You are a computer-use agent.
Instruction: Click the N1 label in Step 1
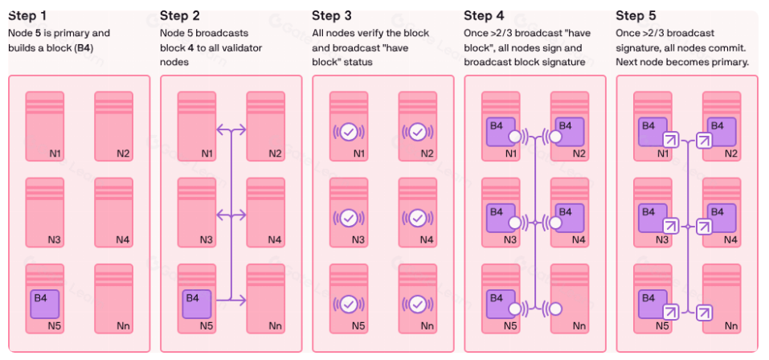(x=58, y=153)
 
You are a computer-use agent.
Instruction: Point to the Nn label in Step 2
(x=275, y=326)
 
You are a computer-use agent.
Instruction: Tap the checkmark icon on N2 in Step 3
(x=416, y=131)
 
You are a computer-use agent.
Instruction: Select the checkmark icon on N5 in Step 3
(x=348, y=304)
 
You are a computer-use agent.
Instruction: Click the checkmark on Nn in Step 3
(x=416, y=304)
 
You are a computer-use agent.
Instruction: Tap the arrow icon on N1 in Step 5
(x=665, y=141)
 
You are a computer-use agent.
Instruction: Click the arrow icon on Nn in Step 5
(x=704, y=313)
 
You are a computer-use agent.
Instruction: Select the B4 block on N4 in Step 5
(x=721, y=215)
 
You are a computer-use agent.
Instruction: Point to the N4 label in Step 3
(x=427, y=239)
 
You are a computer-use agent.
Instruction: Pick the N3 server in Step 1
(x=44, y=211)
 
